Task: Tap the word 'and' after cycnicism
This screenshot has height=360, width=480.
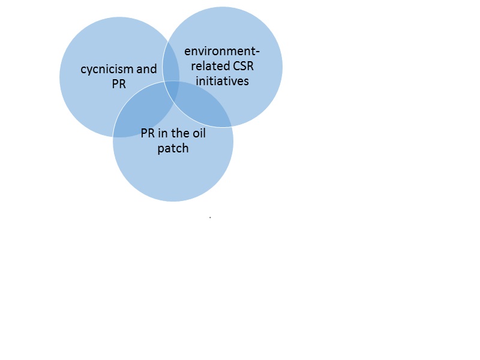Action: pos(146,70)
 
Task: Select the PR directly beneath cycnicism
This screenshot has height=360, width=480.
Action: pos(119,84)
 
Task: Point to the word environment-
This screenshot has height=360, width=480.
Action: pos(222,52)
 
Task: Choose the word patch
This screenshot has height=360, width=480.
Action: pos(173,148)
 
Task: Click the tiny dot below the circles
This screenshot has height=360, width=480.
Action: pos(210,217)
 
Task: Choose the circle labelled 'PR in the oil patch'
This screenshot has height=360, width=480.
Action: pos(173,177)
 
